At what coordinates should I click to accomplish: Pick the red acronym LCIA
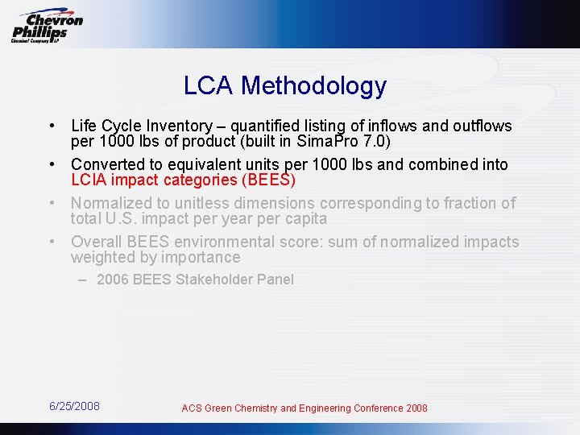point(89,180)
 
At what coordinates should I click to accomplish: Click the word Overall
point(95,242)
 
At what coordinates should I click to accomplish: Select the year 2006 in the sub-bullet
point(112,280)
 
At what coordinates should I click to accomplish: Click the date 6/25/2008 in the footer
point(74,406)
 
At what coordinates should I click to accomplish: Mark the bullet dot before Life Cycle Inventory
point(51,126)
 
